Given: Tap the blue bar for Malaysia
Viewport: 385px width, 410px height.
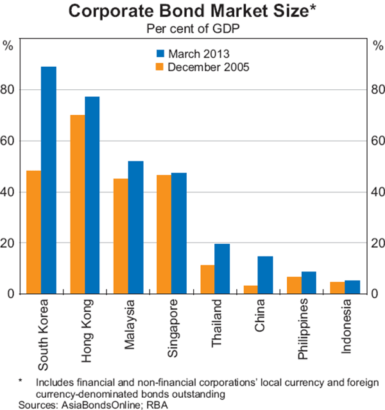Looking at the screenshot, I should [x=135, y=227].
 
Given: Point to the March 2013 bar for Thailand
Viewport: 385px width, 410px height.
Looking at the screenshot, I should [x=222, y=269].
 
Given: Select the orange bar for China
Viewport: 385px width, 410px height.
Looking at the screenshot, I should [x=251, y=289].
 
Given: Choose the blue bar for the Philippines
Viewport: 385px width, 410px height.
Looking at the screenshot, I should [x=309, y=282].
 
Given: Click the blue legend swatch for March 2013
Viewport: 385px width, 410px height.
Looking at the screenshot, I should [x=160, y=53].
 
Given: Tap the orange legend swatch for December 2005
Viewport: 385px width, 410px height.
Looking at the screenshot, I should [x=160, y=66].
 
